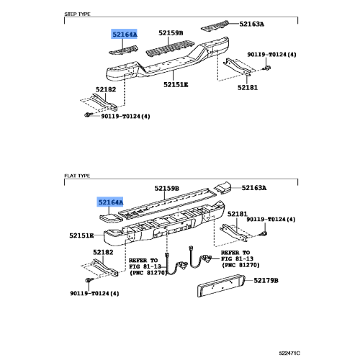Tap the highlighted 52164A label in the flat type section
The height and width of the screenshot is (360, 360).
click(x=111, y=203)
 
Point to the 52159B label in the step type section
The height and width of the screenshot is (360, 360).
click(x=171, y=33)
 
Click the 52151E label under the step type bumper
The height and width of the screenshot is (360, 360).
click(x=176, y=84)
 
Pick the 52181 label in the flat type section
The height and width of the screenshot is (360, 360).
click(x=238, y=214)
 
